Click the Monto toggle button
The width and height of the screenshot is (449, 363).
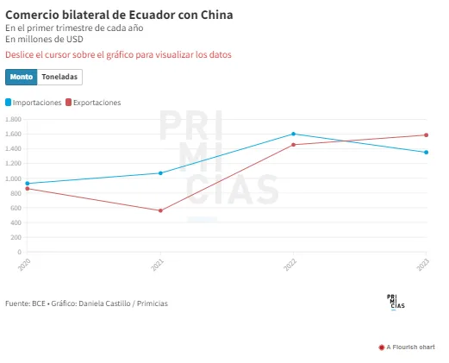pyautogui.click(x=22, y=77)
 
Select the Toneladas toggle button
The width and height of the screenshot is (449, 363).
pyautogui.click(x=59, y=77)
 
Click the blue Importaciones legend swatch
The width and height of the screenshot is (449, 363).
pyautogui.click(x=8, y=103)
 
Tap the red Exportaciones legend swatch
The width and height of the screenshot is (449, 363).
pyautogui.click(x=68, y=103)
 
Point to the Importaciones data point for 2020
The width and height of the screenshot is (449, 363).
pyautogui.click(x=28, y=184)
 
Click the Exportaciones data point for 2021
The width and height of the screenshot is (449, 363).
pyautogui.click(x=160, y=210)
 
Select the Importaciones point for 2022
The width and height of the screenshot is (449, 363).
pyautogui.click(x=293, y=134)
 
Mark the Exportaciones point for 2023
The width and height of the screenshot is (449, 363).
pyautogui.click(x=427, y=135)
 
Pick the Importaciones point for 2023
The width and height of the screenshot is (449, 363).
pyautogui.click(x=427, y=153)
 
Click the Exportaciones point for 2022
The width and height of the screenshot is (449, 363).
pyautogui.click(x=293, y=145)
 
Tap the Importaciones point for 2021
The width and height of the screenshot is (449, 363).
pyautogui.click(x=160, y=173)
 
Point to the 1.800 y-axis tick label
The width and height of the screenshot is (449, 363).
pyautogui.click(x=13, y=119)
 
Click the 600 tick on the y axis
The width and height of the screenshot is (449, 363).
pyautogui.click(x=16, y=208)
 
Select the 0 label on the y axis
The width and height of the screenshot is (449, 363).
pyautogui.click(x=20, y=252)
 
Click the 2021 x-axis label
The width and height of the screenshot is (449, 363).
pyautogui.click(x=158, y=265)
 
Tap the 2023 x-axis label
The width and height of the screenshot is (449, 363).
pyautogui.click(x=423, y=265)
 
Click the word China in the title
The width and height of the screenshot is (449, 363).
pyautogui.click(x=216, y=15)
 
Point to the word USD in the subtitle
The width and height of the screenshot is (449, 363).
pyautogui.click(x=75, y=39)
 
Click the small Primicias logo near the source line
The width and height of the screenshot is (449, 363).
pyautogui.click(x=396, y=303)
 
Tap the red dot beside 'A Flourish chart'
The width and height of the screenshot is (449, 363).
pyautogui.click(x=382, y=347)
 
